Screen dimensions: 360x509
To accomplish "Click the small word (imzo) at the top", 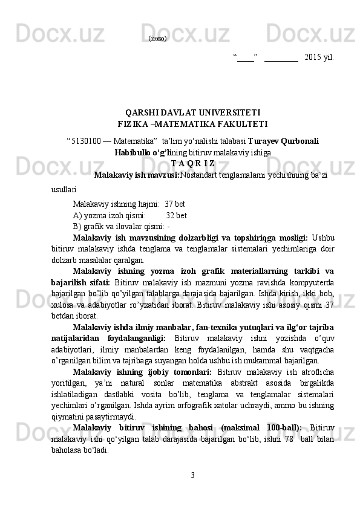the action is pos(158,38).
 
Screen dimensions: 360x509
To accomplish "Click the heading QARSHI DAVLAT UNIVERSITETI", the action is pos(192,112).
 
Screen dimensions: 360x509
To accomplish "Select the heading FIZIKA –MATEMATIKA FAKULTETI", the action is pos(192,125).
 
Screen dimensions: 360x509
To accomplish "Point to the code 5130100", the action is pos(86,141).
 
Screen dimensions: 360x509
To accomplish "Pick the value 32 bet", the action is pos(176,215).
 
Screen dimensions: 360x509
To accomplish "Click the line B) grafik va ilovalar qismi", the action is pos(120,227).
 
